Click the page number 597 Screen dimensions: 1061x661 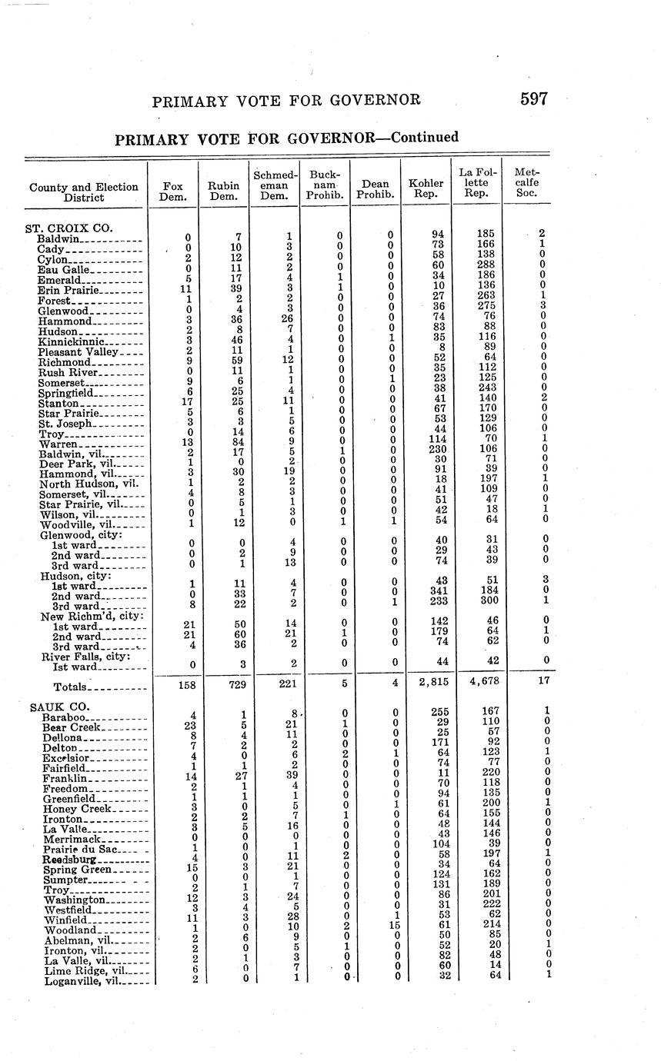pyautogui.click(x=533, y=99)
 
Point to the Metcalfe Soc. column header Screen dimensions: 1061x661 pyautogui.click(x=527, y=183)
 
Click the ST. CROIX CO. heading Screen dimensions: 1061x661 pyautogui.click(x=69, y=228)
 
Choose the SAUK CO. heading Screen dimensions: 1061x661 pyautogui.click(x=59, y=707)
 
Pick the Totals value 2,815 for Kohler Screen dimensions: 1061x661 pyautogui.click(x=426, y=683)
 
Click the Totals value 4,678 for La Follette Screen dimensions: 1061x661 pyautogui.click(x=477, y=683)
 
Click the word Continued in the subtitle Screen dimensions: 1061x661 pyautogui.click(x=425, y=138)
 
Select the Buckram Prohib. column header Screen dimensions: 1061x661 pyautogui.click(x=324, y=185)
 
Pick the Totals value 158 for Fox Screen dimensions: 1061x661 pyautogui.click(x=172, y=683)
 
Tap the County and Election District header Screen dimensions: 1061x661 pyautogui.click(x=84, y=192)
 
